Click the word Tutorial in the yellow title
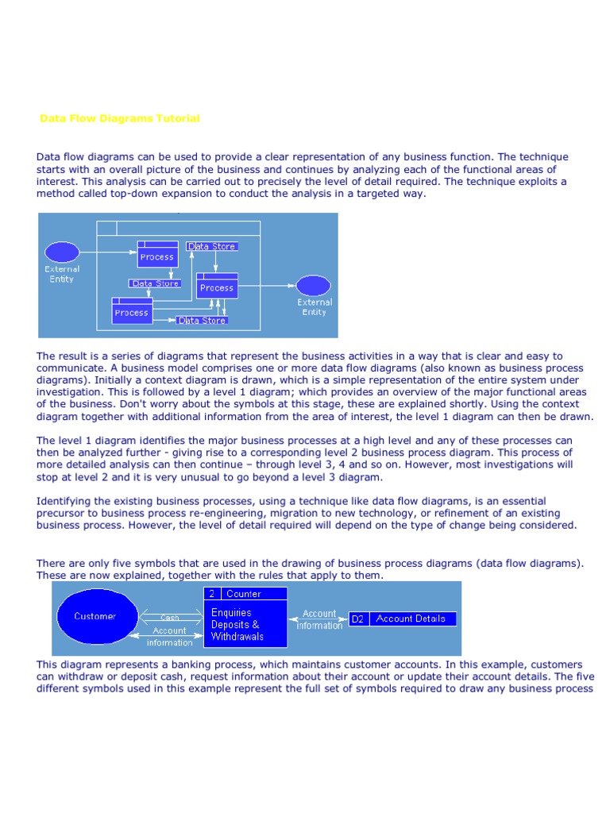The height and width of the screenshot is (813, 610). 179,118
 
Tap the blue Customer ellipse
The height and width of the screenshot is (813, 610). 95,616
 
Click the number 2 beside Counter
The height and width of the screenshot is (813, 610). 212,593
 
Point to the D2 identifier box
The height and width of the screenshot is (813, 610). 357,618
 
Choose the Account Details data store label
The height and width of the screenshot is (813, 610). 411,618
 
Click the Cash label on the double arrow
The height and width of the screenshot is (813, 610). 170,617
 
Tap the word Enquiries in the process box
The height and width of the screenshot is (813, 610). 231,612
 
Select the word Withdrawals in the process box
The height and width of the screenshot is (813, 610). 237,637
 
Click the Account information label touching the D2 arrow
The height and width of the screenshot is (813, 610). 320,619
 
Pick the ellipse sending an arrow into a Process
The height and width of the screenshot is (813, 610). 62,252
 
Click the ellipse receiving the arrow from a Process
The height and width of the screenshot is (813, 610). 313,285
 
